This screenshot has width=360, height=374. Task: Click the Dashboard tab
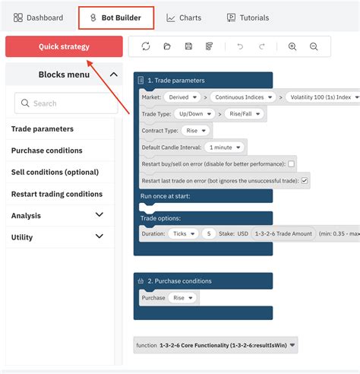coord(38,17)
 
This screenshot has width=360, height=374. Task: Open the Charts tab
coord(184,17)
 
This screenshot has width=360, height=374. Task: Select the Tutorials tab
coord(248,17)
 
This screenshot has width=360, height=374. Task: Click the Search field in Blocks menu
coord(66,103)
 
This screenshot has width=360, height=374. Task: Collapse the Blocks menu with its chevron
coord(114,74)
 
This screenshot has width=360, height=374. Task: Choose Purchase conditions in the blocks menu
coord(47,151)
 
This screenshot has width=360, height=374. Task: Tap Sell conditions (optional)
coord(55,173)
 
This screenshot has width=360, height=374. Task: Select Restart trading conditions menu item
coord(57,194)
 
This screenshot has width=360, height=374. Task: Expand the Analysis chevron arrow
coord(99,215)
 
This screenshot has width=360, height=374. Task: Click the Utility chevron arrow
coord(99,236)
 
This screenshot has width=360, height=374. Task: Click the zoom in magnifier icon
coord(292,46)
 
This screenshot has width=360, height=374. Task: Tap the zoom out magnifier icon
coord(314,46)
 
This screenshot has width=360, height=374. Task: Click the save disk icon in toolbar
coord(188,46)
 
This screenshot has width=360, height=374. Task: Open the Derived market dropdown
coord(182,97)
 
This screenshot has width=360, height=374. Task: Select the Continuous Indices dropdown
coord(243,97)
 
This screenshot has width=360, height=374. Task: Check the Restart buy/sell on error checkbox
coord(291,164)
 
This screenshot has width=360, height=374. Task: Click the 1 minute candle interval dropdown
coord(224,147)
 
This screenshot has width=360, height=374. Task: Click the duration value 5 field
coord(209,233)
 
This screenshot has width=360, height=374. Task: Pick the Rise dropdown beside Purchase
coord(182,298)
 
